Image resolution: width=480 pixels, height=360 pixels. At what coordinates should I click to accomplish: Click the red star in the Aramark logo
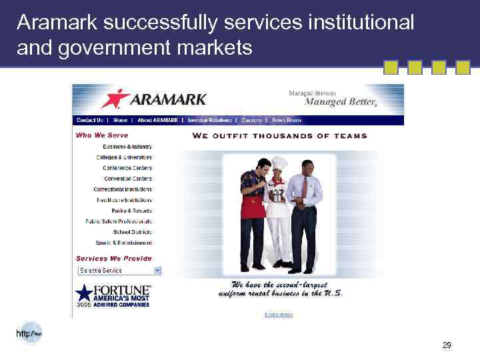point(115,98)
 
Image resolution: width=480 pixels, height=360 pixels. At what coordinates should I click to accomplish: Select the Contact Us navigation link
point(90,121)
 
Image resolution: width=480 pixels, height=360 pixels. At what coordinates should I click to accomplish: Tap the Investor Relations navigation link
point(210,121)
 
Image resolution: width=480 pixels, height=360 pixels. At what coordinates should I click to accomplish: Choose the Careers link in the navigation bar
point(251,121)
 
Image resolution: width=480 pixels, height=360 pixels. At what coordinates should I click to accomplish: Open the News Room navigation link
point(286,121)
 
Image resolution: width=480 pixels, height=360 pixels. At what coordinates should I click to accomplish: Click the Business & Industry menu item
point(127,147)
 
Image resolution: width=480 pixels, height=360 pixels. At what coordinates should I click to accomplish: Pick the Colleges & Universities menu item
point(123,157)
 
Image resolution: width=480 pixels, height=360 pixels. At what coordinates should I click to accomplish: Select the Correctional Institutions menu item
point(123,189)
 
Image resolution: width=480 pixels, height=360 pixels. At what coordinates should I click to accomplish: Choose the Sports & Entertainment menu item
point(123,243)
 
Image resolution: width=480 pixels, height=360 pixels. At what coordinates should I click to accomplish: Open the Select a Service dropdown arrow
point(157,270)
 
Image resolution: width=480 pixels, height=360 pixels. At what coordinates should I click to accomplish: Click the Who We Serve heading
point(102,135)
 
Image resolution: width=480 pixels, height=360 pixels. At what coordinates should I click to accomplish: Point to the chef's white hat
point(279,163)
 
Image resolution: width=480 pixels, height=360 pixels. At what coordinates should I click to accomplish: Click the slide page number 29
point(447,345)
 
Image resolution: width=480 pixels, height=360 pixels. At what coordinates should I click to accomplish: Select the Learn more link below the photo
point(279,314)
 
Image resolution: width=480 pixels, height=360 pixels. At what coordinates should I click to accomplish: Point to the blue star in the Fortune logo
point(84,293)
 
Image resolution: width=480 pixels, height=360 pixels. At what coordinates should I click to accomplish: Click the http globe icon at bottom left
point(29,333)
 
